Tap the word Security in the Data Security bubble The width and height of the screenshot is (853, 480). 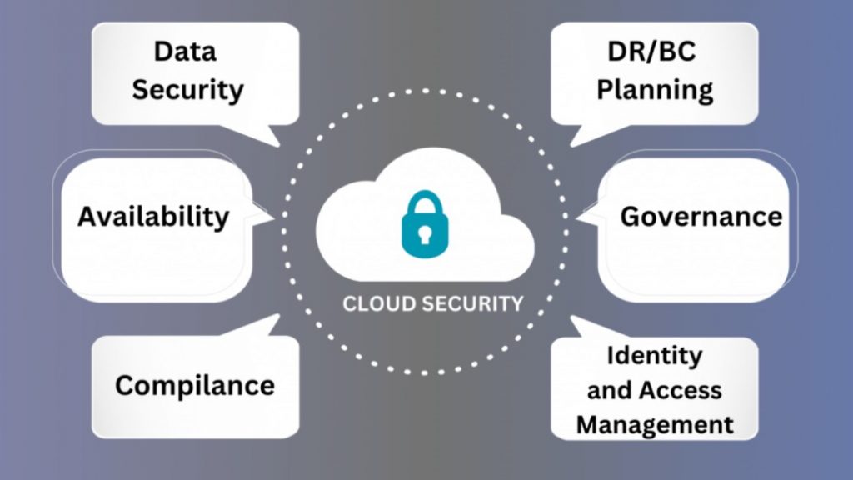coord(187,90)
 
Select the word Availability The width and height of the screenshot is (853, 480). coord(153,217)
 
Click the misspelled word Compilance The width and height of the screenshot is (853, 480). coord(194,385)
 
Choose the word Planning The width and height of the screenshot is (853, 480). coord(655,90)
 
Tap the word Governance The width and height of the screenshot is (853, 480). coord(701,217)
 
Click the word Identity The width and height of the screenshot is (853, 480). coord(654,355)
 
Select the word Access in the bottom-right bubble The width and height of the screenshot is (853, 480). coord(686,389)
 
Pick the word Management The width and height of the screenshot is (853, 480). coord(655,424)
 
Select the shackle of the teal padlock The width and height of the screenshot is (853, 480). coord(423,202)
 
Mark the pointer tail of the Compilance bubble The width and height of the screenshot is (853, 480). coord(267,325)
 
